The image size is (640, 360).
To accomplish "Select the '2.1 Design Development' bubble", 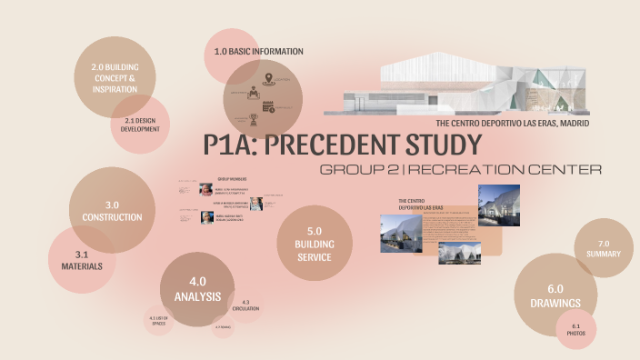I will tap(141, 124).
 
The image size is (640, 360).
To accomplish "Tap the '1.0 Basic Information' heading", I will tap(258, 51).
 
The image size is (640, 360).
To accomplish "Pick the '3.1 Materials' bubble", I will tap(82, 260).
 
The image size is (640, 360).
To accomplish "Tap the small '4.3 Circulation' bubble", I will tap(246, 305).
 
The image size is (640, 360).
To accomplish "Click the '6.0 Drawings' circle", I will tap(555, 295).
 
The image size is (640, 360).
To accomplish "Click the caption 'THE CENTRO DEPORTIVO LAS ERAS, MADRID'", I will tap(499, 122).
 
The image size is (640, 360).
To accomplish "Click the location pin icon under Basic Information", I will tap(268, 80).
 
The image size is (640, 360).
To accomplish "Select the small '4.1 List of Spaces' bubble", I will tap(159, 319).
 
